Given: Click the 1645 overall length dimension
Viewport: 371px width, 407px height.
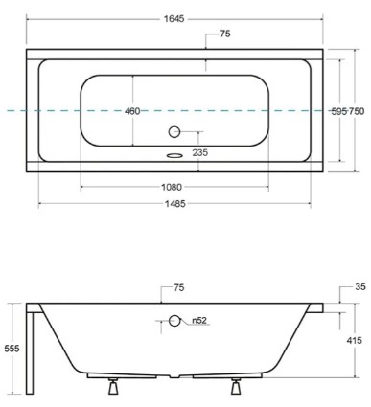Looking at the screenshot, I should point(174,10).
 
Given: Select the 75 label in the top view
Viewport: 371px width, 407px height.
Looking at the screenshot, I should point(224,34).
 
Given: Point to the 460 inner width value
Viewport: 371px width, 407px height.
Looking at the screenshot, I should point(132,111).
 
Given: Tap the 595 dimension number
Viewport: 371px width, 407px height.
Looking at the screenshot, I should point(338,111).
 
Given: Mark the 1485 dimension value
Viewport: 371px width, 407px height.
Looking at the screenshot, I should point(174,203).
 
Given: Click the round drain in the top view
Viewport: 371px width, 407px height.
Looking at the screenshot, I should point(174,132).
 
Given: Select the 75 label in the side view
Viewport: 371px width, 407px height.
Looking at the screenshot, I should point(179,287).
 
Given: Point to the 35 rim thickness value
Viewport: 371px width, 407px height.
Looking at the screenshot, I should point(359,286).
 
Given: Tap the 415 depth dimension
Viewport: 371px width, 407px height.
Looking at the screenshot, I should point(354,340).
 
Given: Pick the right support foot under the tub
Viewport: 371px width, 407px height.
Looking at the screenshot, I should point(235,386).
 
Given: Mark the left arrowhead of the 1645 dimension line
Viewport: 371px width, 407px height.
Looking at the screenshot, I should point(29,17).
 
